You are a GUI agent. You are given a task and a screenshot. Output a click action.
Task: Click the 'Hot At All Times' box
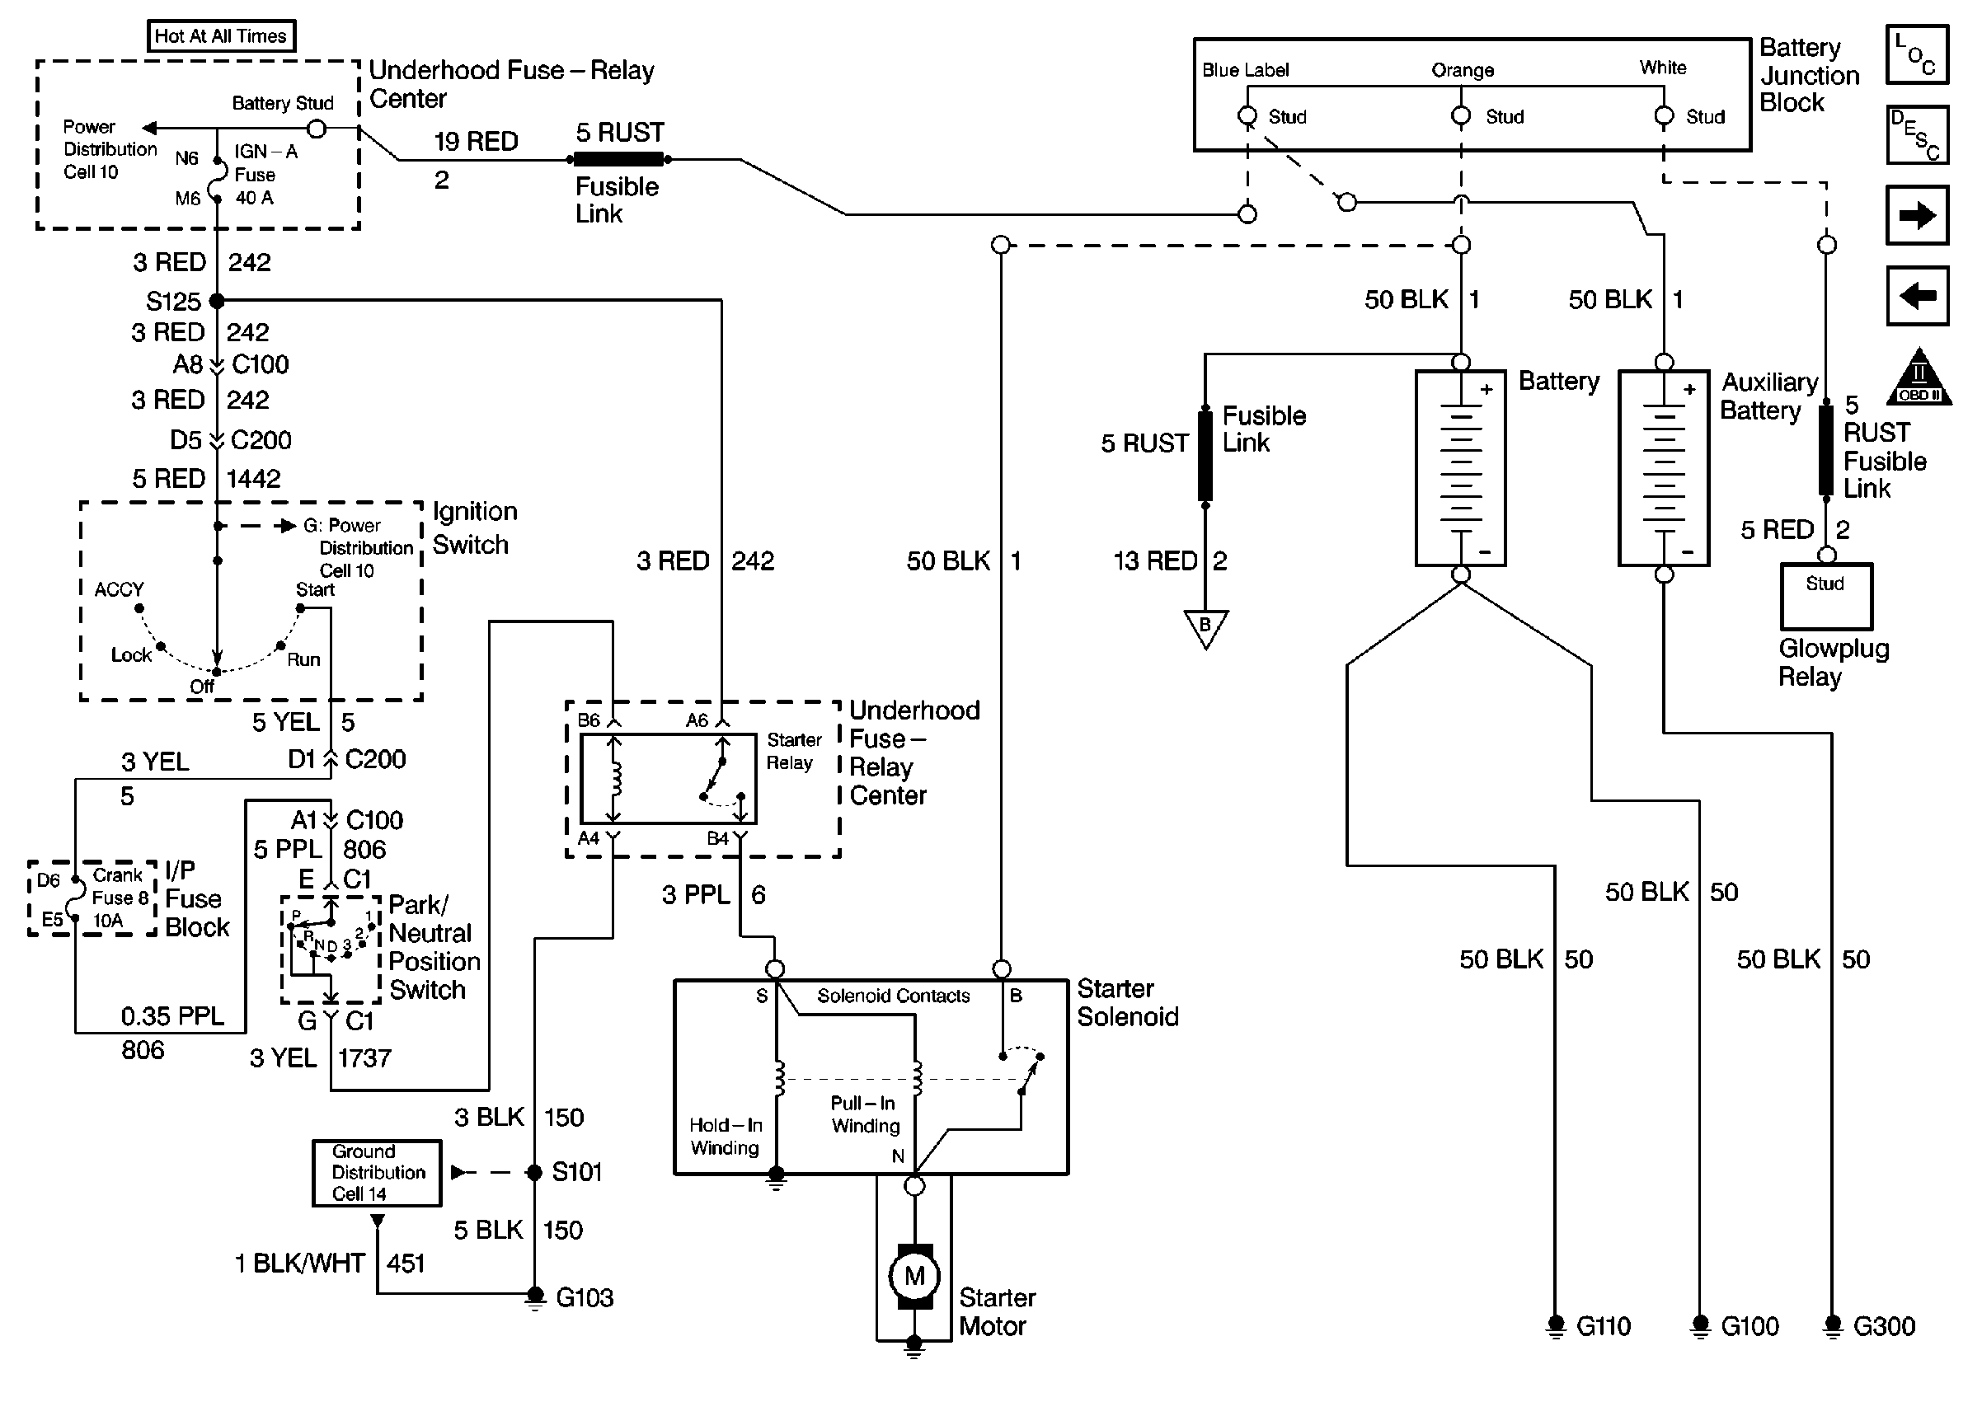point(221,35)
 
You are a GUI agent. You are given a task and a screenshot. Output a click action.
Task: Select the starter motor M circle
point(914,1277)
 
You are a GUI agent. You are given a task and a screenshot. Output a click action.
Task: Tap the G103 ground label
point(585,1297)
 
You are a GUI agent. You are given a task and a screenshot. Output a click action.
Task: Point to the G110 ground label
point(1603,1326)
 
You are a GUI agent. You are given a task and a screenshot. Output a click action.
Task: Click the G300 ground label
point(1883,1326)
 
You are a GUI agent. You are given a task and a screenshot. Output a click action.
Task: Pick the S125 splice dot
point(217,301)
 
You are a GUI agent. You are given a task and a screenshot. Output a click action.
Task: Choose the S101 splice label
point(576,1172)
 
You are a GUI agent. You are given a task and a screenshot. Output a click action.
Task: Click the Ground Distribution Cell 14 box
point(378,1173)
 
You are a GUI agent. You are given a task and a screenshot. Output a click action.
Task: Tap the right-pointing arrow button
point(1917,214)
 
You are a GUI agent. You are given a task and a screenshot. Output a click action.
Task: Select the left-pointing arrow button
point(1917,296)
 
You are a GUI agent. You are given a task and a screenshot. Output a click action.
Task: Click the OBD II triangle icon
point(1919,379)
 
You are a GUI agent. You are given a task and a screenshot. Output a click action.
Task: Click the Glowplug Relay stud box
point(1825,596)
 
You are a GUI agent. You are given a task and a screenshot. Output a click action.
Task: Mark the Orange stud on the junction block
point(1461,116)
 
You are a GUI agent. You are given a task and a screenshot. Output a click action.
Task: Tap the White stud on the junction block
point(1664,116)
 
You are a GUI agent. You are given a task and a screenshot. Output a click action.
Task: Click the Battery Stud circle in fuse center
point(317,129)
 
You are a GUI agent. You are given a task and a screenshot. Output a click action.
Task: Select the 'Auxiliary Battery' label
point(1768,396)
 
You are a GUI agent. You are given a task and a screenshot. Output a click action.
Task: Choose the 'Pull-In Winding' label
point(865,1114)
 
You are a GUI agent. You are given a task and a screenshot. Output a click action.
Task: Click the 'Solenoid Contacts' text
point(893,996)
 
